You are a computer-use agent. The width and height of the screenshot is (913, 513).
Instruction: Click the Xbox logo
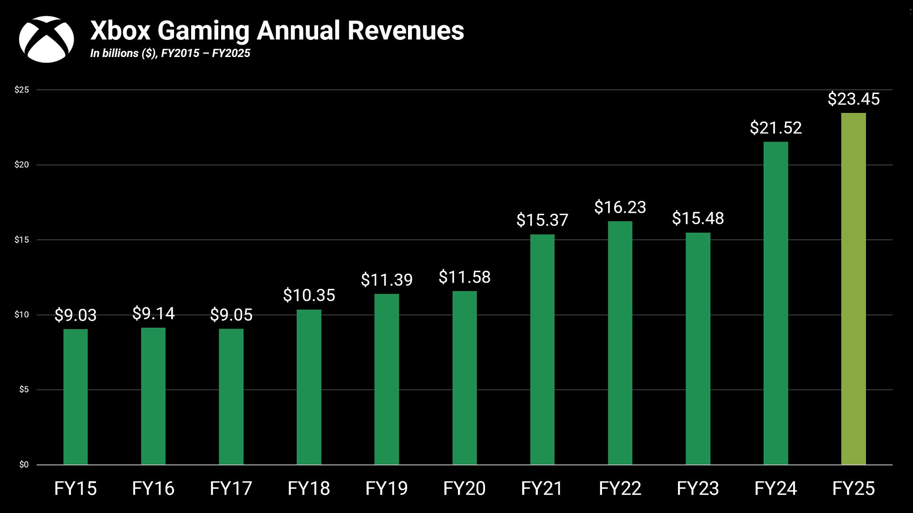coord(46,39)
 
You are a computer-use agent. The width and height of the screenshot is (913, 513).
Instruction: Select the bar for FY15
coord(76,397)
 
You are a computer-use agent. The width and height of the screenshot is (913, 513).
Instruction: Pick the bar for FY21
coord(542,349)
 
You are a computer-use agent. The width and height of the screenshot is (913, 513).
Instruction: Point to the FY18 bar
coord(309,387)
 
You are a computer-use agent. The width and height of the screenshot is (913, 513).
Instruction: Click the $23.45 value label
coord(854,99)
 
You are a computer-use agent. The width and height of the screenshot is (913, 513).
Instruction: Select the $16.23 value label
coord(620,207)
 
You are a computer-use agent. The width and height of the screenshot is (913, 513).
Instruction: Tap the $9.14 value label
coord(153,313)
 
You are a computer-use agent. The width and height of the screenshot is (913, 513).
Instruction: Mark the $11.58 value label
coord(464,277)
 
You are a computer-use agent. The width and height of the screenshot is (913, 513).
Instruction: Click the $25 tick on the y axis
coord(22,90)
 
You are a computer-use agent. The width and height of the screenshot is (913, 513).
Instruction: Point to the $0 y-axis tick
coord(24,465)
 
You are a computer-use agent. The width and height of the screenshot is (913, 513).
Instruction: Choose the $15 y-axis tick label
coord(22,240)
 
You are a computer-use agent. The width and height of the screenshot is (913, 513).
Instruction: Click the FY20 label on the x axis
coord(464,489)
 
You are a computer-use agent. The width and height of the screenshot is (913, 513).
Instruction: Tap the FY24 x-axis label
coord(776,489)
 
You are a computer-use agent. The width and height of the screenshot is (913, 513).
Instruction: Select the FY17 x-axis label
coord(231,489)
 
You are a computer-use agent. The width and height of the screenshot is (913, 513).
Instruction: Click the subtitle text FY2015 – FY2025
coord(205,53)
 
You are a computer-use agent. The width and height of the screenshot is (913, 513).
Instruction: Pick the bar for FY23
coord(698,349)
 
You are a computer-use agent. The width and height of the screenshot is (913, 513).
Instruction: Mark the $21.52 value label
coord(776,128)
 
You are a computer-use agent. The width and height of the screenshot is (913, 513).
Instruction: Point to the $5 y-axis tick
coord(24,389)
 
